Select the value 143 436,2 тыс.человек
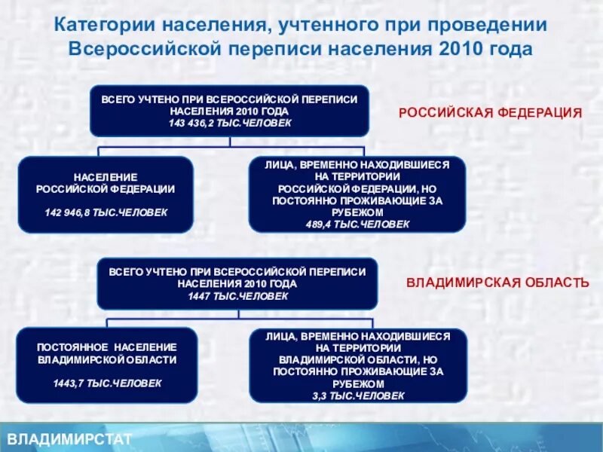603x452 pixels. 230,122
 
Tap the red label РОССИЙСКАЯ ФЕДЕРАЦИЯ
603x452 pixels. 490,112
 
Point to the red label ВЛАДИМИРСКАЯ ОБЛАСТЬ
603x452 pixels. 497,282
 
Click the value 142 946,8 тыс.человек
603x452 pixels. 106,212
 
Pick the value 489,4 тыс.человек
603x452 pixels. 358,224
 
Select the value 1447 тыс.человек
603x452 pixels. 237,296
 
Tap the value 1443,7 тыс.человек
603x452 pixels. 107,383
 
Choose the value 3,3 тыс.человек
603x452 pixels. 358,395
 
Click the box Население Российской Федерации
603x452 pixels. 106,194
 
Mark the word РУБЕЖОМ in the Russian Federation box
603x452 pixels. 358,213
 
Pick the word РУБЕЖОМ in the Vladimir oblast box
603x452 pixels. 358,383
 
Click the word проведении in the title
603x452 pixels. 495,24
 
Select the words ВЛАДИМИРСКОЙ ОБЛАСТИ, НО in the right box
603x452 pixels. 358,359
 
